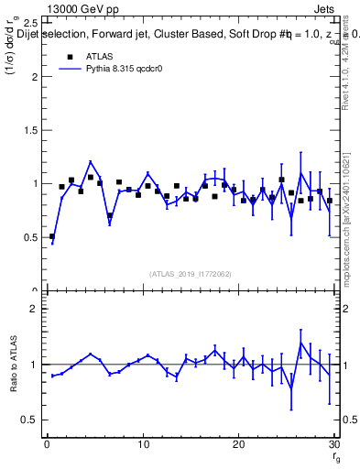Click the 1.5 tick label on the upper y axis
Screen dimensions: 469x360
(x=30, y=130)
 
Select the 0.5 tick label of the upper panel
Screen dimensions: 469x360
(x=30, y=237)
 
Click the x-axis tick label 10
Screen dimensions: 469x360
(x=143, y=444)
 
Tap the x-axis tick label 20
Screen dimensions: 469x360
(x=238, y=444)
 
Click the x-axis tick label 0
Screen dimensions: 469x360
(x=47, y=444)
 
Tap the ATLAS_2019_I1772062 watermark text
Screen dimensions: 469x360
(x=190, y=273)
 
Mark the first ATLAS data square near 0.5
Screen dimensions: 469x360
(x=52, y=236)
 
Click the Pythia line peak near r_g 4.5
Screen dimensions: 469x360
(x=91, y=162)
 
